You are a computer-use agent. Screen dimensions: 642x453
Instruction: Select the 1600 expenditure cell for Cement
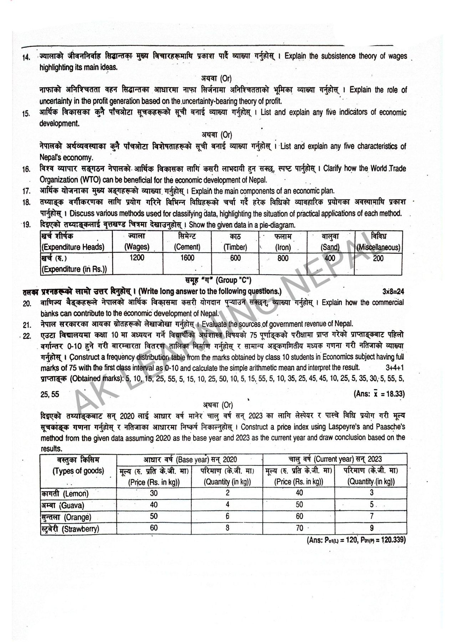pyautogui.click(x=187, y=258)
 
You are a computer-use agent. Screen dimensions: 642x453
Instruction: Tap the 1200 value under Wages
pyautogui.click(x=137, y=258)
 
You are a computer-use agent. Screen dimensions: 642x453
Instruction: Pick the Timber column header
pyautogui.click(x=236, y=242)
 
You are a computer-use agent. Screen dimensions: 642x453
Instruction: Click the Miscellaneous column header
pyautogui.click(x=379, y=242)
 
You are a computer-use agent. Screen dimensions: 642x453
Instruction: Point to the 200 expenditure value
pyautogui.click(x=378, y=258)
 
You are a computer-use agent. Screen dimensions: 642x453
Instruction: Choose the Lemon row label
pyautogui.click(x=65, y=494)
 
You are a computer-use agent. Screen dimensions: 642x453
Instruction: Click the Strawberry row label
pyautogui.click(x=70, y=529)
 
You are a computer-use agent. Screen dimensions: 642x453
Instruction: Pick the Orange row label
pyautogui.click(x=66, y=517)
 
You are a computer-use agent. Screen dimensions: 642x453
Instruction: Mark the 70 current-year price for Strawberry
pyautogui.click(x=299, y=528)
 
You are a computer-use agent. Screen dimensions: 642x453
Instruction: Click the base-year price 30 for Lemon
pyautogui.click(x=154, y=493)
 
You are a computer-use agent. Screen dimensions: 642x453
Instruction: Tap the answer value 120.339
pyautogui.click(x=392, y=540)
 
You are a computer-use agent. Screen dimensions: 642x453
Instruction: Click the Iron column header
pyautogui.click(x=283, y=242)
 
